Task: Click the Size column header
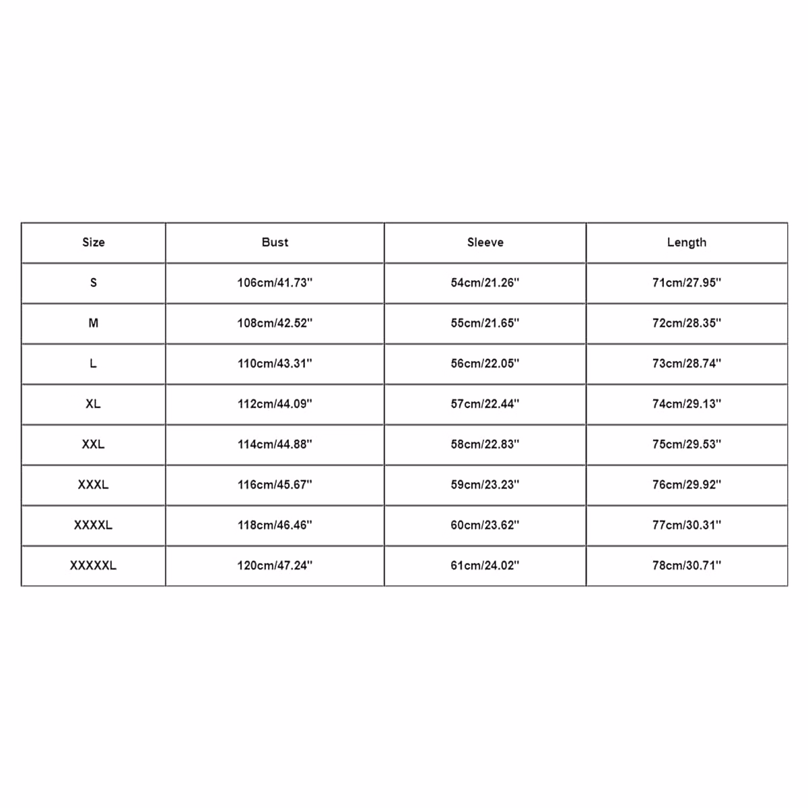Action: point(94,242)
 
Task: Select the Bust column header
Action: point(275,242)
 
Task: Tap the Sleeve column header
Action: point(485,242)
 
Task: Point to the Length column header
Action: point(686,242)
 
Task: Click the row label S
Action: point(94,283)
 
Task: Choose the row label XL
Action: point(94,404)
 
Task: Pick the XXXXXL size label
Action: point(94,566)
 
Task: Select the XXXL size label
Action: point(94,485)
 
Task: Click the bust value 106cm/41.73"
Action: point(275,283)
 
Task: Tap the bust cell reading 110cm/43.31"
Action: point(275,364)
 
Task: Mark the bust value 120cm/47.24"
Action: point(275,566)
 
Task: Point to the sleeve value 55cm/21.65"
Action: point(485,323)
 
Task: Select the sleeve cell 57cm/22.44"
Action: point(485,404)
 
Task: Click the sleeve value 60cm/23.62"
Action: point(485,525)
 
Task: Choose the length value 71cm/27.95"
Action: point(686,283)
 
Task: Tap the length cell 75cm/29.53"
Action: point(686,444)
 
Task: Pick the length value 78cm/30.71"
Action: point(686,566)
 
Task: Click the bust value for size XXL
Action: point(275,444)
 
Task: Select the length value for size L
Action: point(686,364)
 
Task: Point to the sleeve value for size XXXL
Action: point(485,485)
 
